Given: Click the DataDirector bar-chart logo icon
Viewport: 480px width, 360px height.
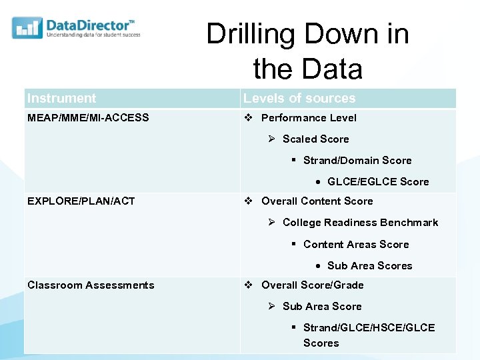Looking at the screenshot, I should coord(27,27).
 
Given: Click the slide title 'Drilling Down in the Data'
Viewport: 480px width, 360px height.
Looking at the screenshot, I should coord(307,51).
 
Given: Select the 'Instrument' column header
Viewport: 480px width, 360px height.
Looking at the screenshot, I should coord(62,99).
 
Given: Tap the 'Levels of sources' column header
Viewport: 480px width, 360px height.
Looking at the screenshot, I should coord(299,99).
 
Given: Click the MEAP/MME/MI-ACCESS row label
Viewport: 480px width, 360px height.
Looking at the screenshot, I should coord(88,118).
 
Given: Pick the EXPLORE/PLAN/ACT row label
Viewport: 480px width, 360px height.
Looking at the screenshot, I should coord(81,201).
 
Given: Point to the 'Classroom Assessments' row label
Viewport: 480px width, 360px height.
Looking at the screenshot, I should coord(91,285).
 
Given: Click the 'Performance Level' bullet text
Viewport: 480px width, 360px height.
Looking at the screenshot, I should coord(309,118).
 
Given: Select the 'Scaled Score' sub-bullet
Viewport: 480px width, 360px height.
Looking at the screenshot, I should coord(315,139).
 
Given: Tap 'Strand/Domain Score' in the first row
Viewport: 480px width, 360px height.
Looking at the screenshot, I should coord(357,161).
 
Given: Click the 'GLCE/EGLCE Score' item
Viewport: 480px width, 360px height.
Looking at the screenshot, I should coord(378,182).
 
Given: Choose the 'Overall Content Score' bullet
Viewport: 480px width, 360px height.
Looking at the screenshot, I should coord(317,201).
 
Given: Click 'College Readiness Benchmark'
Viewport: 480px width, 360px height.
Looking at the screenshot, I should coord(360,223).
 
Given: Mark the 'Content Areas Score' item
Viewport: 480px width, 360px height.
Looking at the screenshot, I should coord(356,245).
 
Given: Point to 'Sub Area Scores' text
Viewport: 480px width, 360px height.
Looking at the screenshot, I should coord(369,266).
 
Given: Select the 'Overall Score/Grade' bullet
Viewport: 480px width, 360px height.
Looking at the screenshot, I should coord(312,285).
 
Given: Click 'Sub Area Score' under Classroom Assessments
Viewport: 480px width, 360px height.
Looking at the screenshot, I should coord(322,307).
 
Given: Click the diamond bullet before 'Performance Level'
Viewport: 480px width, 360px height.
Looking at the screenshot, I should coord(248,118).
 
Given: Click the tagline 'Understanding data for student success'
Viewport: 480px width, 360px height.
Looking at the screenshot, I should coord(93,35).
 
